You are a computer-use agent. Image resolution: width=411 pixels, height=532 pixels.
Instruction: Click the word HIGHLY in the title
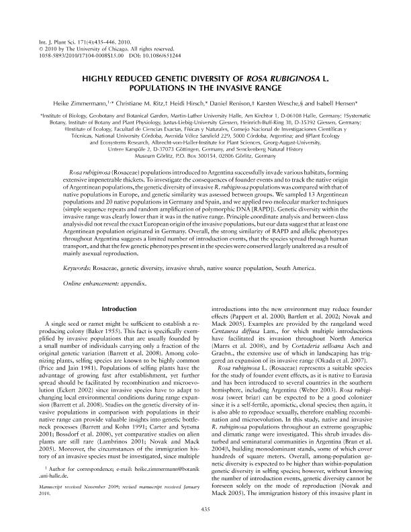[x=99, y=79]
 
